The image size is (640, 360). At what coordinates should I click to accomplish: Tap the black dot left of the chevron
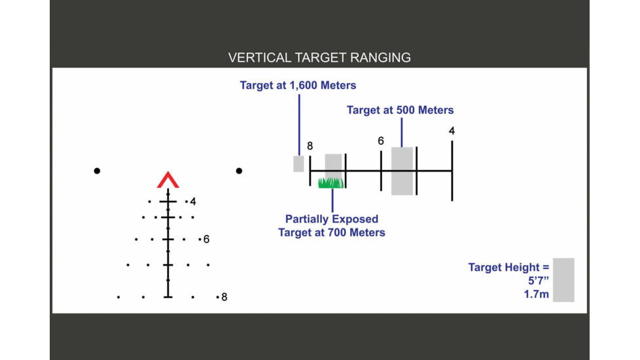pyautogui.click(x=97, y=171)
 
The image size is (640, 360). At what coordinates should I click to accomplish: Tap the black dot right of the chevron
pyautogui.click(x=239, y=171)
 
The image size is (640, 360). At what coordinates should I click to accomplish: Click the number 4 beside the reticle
pyautogui.click(x=193, y=202)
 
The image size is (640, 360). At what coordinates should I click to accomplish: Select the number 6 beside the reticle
pyautogui.click(x=206, y=239)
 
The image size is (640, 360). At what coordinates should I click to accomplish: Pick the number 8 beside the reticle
pyautogui.click(x=224, y=297)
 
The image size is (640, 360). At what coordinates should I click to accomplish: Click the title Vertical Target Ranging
pyautogui.click(x=319, y=58)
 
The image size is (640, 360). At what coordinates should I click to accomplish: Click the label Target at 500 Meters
pyautogui.click(x=400, y=110)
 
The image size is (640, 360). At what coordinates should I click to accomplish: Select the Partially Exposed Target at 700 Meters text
pyautogui.click(x=331, y=226)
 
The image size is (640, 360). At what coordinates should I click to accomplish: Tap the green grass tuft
pyautogui.click(x=331, y=183)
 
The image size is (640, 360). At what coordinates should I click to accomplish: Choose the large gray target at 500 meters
pyautogui.click(x=402, y=171)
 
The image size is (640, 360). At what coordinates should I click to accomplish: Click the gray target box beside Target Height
pyautogui.click(x=563, y=280)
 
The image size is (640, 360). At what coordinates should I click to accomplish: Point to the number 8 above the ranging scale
pyautogui.click(x=310, y=146)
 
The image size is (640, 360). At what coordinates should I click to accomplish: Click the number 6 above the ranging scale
pyautogui.click(x=380, y=141)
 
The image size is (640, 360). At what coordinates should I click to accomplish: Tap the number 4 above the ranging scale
pyautogui.click(x=452, y=131)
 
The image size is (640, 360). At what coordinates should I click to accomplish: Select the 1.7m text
pyautogui.click(x=537, y=295)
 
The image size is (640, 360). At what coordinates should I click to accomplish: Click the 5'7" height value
pyautogui.click(x=539, y=281)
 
